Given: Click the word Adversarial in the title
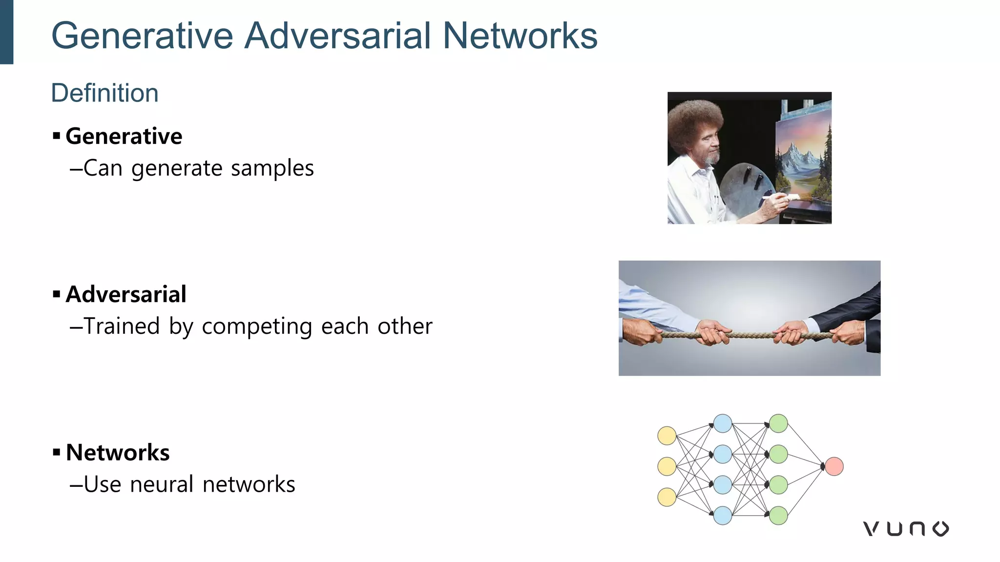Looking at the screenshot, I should (x=337, y=36).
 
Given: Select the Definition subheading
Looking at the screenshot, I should (x=104, y=93).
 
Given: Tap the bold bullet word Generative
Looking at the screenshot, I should (x=124, y=136).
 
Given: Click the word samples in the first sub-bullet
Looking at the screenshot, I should (x=272, y=168).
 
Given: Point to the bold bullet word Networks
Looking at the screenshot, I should (x=118, y=452).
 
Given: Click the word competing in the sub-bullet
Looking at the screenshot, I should (x=257, y=326).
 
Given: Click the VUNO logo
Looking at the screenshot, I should (x=905, y=528).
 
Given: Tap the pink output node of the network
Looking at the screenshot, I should (x=834, y=466).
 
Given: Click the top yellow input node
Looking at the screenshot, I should (x=667, y=435).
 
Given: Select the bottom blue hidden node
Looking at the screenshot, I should (x=722, y=515).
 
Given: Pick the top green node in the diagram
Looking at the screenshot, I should (x=778, y=423).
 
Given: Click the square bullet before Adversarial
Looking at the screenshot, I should (x=57, y=294).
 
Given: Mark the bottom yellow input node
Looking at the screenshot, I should (x=667, y=497).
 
